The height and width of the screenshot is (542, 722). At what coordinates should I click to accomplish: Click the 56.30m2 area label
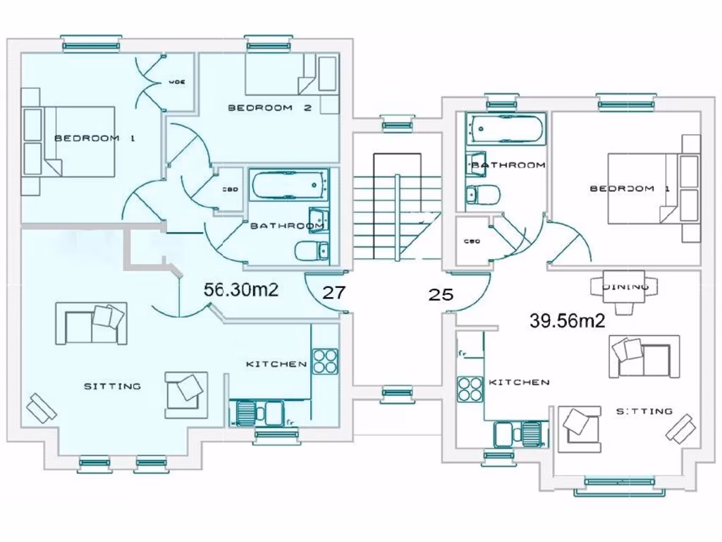tap(241, 289)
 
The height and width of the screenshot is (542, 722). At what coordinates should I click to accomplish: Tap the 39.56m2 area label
tap(568, 320)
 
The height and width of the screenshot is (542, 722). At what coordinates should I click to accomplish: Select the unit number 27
tap(334, 293)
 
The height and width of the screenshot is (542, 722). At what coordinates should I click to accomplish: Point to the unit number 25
tap(441, 294)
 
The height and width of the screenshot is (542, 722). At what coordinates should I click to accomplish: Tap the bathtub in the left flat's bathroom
tap(290, 186)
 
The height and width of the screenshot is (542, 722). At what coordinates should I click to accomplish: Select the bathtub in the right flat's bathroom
tap(506, 129)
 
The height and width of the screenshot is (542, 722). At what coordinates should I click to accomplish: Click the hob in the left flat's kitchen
tap(325, 361)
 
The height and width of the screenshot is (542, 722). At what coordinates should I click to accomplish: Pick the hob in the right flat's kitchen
tap(469, 389)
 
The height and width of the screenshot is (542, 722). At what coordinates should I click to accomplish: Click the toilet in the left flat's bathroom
tap(311, 250)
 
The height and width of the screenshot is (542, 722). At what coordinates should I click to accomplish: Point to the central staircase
tap(396, 208)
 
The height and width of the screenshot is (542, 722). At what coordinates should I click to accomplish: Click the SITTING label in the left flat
tap(113, 386)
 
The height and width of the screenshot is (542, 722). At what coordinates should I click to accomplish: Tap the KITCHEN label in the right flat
tap(519, 382)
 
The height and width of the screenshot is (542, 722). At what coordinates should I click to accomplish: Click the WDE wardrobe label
tap(176, 83)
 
